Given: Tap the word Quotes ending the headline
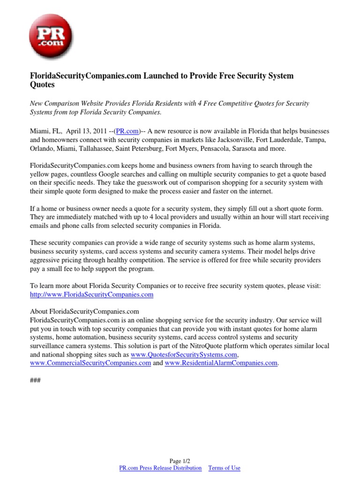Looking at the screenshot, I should click(42, 85).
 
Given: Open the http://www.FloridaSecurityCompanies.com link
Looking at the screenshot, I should click(91, 295).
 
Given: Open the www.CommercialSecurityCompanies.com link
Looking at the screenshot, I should click(90, 363).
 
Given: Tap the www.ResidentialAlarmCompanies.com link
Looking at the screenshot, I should click(221, 363).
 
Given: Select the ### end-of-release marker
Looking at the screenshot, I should click(35, 380).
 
